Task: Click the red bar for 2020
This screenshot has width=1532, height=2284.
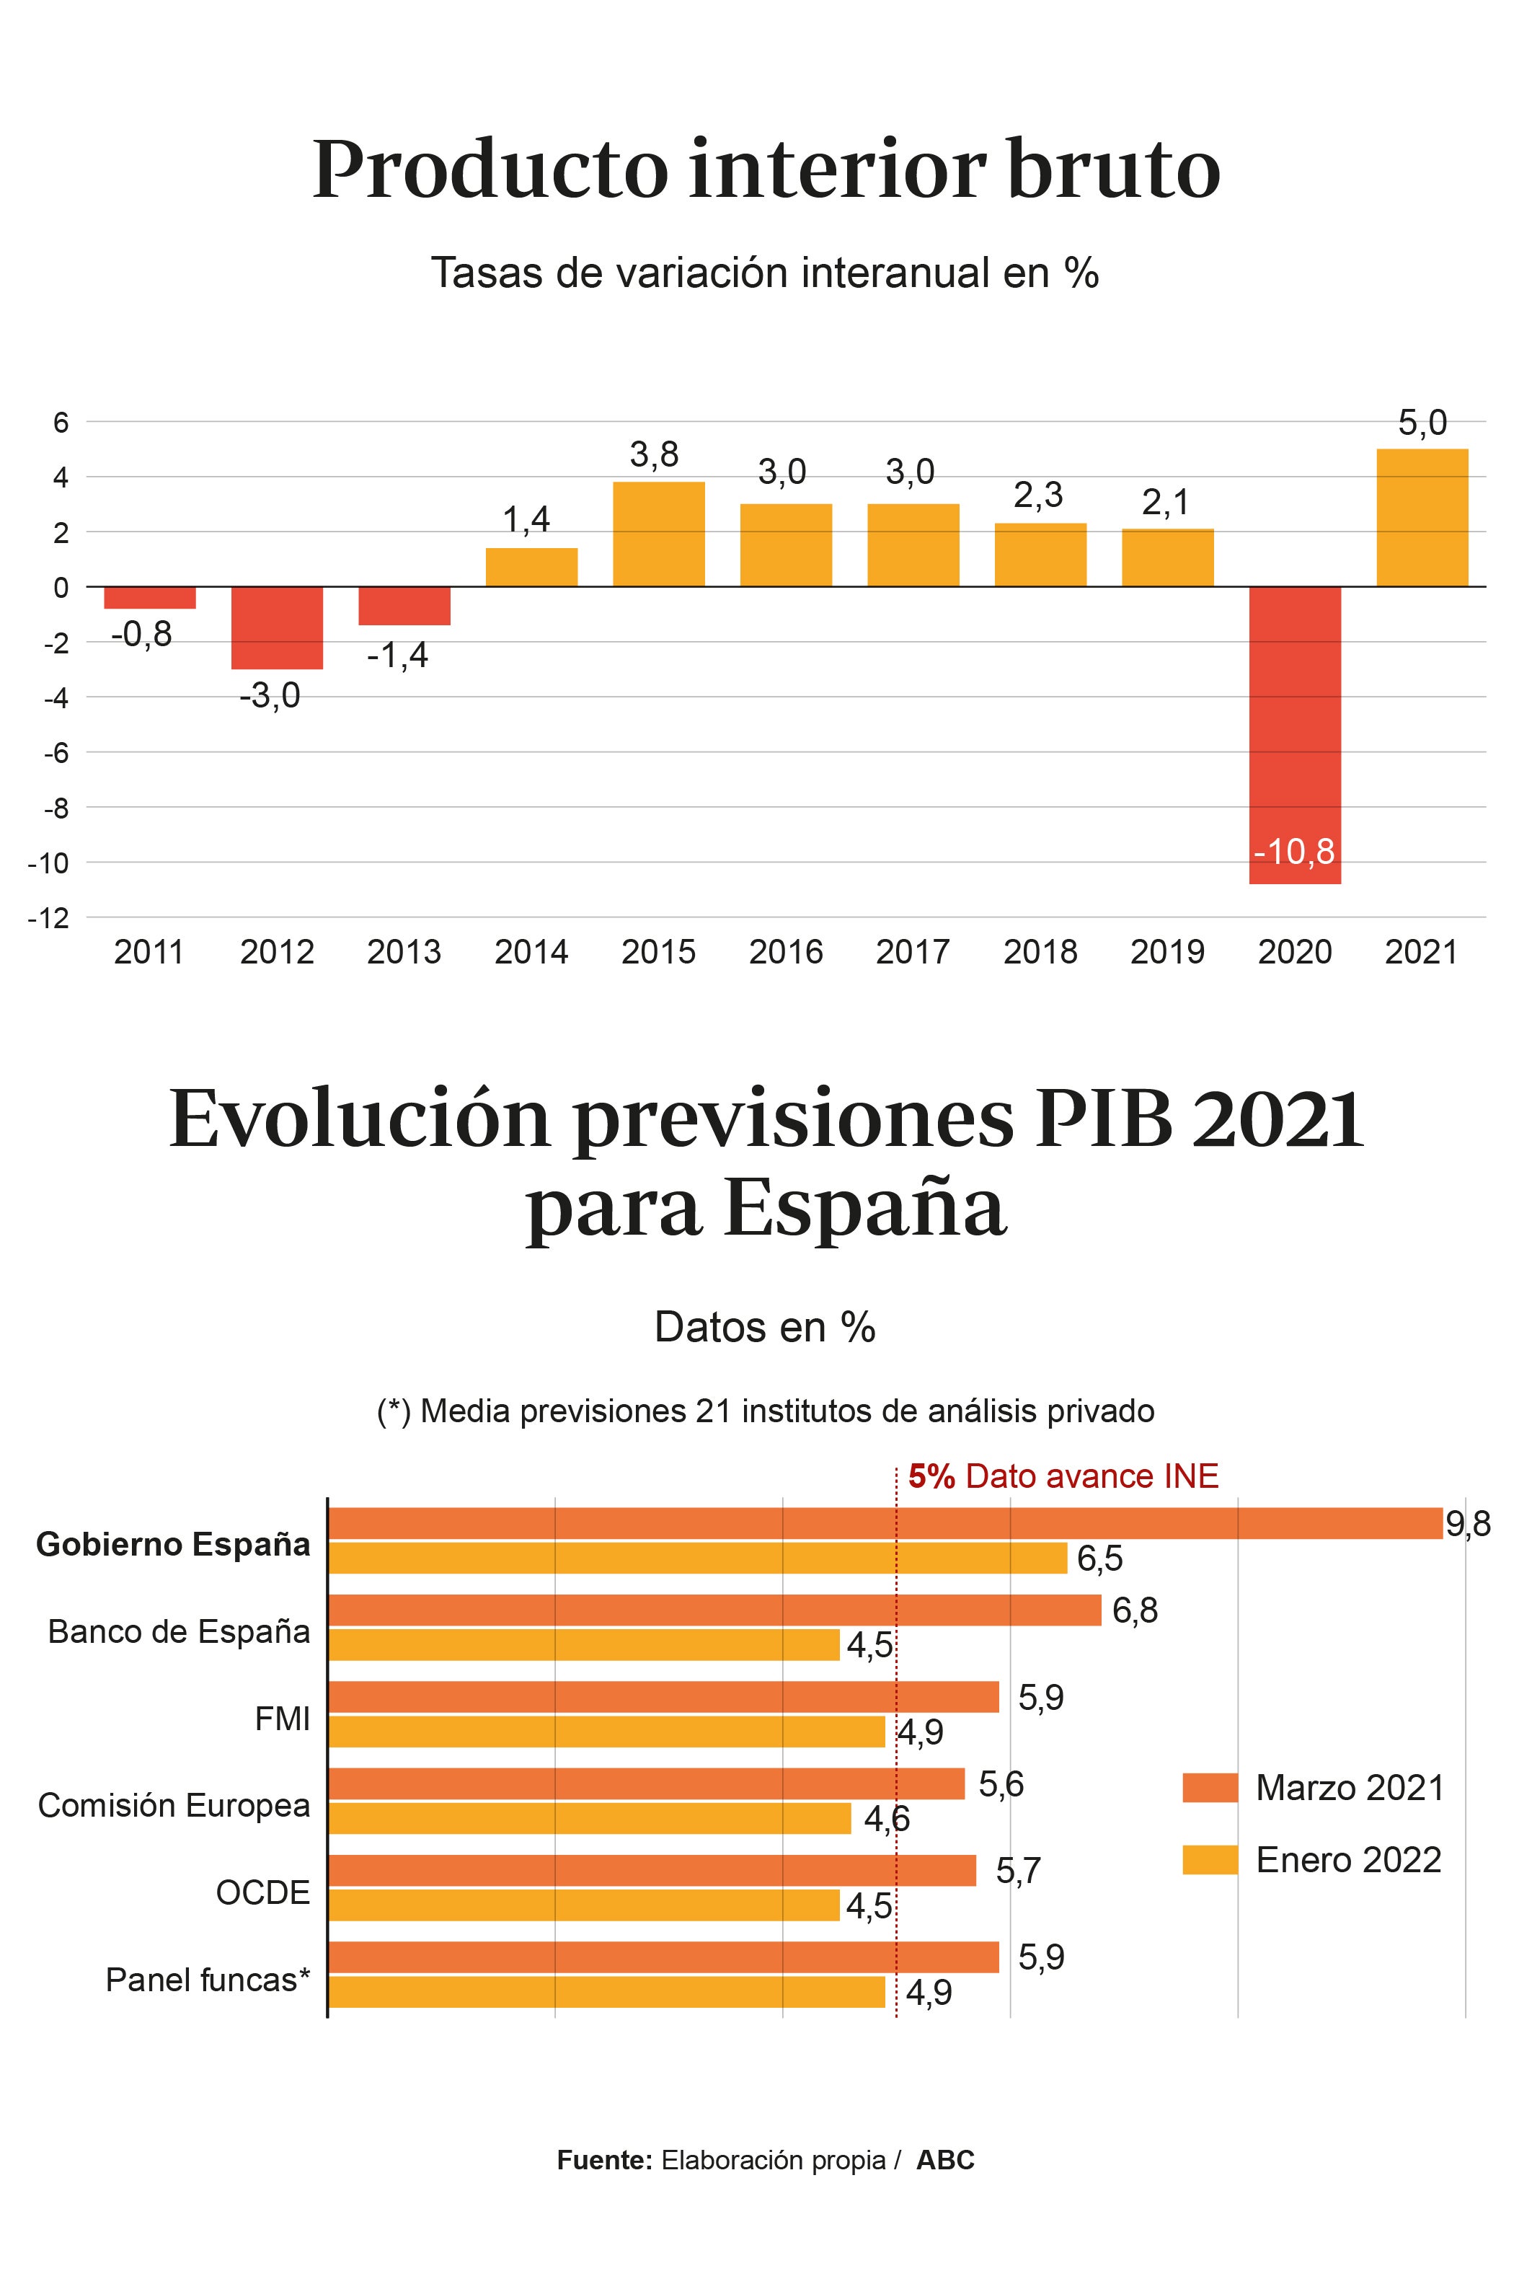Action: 1295,733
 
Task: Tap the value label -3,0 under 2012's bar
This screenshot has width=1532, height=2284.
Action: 270,696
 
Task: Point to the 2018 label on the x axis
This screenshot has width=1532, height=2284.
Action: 1040,952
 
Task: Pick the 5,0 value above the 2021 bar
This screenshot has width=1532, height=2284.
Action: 1422,423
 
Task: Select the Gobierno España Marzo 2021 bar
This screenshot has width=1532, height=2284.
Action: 884,1524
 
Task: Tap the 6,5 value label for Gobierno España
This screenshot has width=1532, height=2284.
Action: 1099,1558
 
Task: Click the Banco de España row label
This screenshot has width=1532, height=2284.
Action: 179,1631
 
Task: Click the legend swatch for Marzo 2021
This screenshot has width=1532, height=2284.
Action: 1210,1788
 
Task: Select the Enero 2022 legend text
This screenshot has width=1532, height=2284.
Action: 1348,1859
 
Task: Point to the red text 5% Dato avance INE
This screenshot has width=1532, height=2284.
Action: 1063,1476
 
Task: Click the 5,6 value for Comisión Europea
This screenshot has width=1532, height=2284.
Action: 1001,1785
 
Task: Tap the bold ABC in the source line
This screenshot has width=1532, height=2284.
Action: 945,2160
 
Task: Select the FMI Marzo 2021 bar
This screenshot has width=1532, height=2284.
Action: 663,1697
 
